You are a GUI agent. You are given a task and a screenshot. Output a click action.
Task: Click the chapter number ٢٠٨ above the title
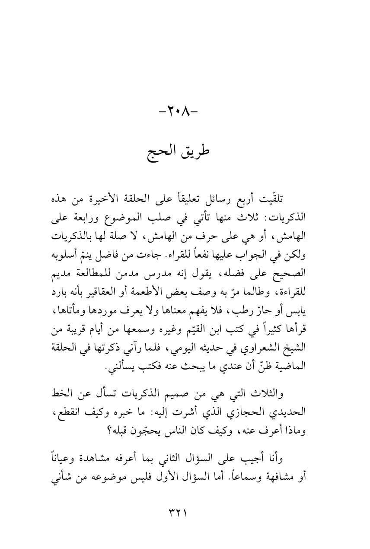pyautogui.click(x=185, y=114)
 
